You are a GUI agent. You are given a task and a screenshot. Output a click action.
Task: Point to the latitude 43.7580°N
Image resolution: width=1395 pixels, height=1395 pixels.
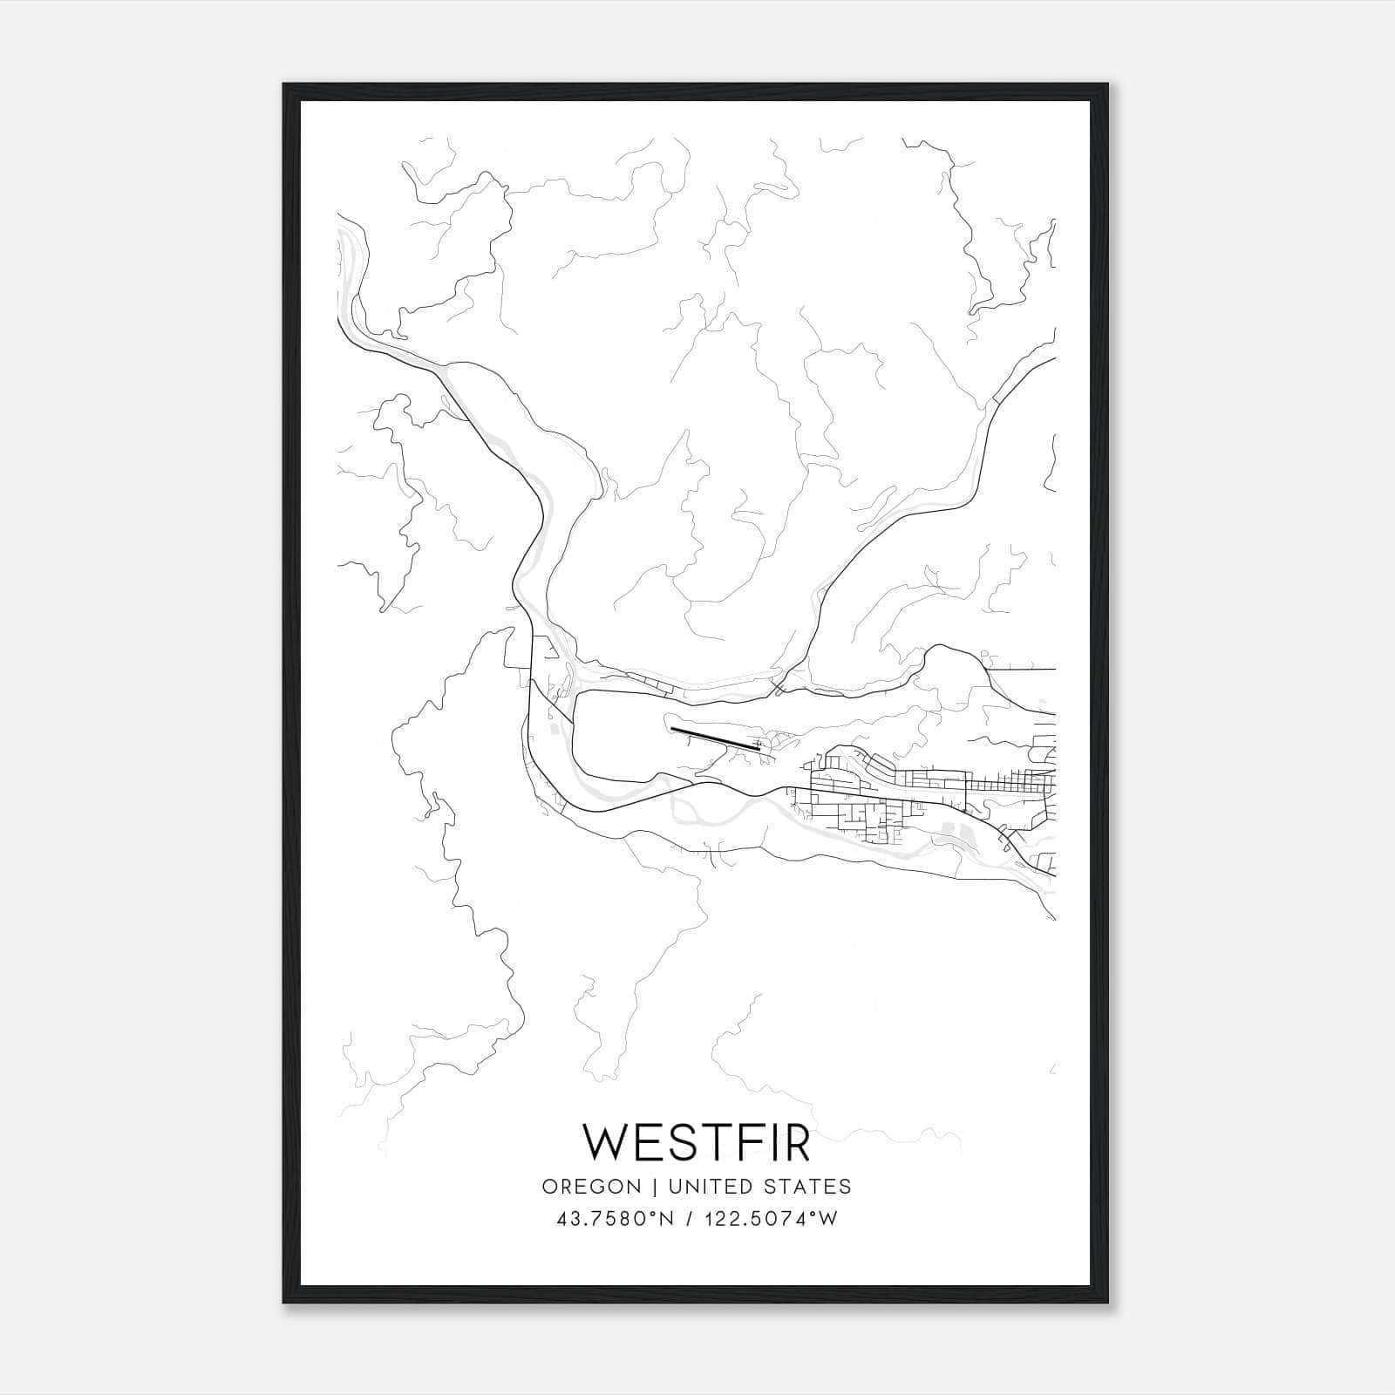[614, 1219]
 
